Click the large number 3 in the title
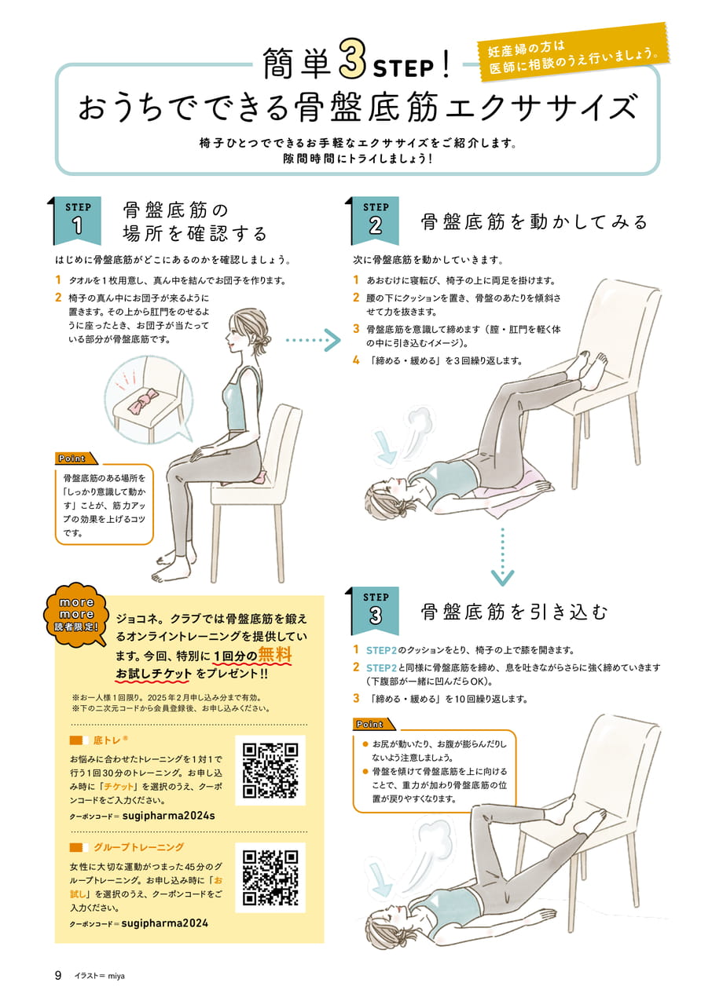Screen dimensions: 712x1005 (352, 59)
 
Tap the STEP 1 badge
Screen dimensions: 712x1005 (77, 220)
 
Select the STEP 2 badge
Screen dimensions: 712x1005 (375, 220)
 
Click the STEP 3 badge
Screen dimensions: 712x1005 (375, 610)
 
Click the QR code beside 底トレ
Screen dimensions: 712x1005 (270, 770)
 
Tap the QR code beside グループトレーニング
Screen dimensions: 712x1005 (270, 878)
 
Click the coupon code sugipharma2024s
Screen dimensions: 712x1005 (168, 816)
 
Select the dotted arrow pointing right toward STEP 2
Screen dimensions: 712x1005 (314, 340)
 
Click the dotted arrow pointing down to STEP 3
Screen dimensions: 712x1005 (502, 557)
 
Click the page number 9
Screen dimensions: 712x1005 (58, 975)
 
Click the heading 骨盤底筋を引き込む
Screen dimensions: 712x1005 (515, 612)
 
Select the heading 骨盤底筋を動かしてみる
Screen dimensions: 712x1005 (534, 221)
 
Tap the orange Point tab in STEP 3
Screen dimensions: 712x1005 (373, 724)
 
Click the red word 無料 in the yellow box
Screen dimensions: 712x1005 (275, 655)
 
